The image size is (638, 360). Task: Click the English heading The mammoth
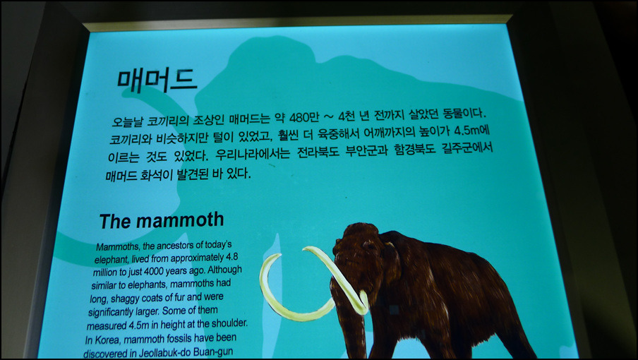point(162,220)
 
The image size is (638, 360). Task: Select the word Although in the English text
point(225,270)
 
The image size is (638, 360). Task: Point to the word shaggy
point(124,299)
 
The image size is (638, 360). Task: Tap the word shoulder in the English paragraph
point(230,324)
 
